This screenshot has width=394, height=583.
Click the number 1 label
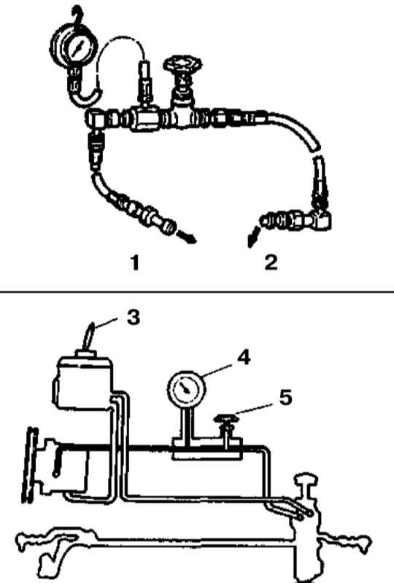coord(135,262)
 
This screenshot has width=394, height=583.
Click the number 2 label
coord(271,262)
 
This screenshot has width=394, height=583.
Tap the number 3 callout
coord(133,318)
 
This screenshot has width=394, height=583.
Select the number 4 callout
coord(244,357)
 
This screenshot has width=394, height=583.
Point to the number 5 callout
coord(285,397)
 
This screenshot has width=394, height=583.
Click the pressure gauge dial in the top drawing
coord(75,47)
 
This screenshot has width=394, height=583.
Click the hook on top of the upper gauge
coord(77,15)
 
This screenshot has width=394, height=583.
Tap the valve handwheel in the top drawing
coord(183,64)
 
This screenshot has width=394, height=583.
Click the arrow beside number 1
coord(186,238)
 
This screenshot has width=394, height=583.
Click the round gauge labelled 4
coord(187,388)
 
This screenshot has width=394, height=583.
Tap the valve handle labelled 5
coord(226,419)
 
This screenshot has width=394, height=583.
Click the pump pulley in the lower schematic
coord(30,465)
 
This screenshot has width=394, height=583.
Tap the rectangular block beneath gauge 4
coord(206,449)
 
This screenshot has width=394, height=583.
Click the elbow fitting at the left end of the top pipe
coord(96,120)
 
